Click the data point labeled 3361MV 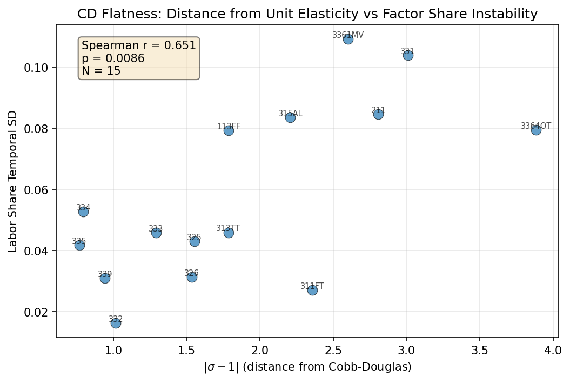[x=348, y=39]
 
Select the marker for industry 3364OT [x=536, y=130]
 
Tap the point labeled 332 [x=116, y=323]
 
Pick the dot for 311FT [x=312, y=290]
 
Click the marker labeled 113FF [x=229, y=130]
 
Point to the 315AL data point [x=290, y=117]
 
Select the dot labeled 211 [x=378, y=114]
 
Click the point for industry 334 [x=83, y=212]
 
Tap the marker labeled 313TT [x=229, y=233]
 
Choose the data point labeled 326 [x=192, y=277]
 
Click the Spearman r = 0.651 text [x=139, y=46]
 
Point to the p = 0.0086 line [x=113, y=58]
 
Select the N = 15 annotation [x=101, y=71]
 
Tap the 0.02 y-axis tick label [x=39, y=312]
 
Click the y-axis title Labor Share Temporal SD [x=12, y=182]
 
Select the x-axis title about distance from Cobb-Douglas [x=307, y=367]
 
